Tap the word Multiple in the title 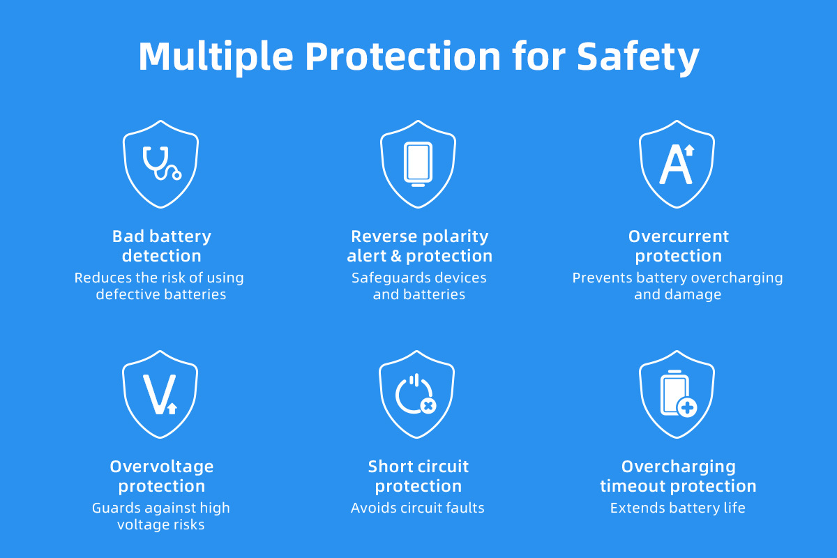point(216,56)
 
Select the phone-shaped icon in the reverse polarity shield point(418,164)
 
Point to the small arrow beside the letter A point(689,150)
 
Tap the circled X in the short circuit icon point(428,405)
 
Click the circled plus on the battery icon point(687,407)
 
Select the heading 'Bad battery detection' point(161,246)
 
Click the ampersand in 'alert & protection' point(395,256)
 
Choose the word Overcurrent point(678,236)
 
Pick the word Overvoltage point(161,467)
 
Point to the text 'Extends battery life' point(677,508)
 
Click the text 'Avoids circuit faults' point(417,508)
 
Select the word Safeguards point(384,278)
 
